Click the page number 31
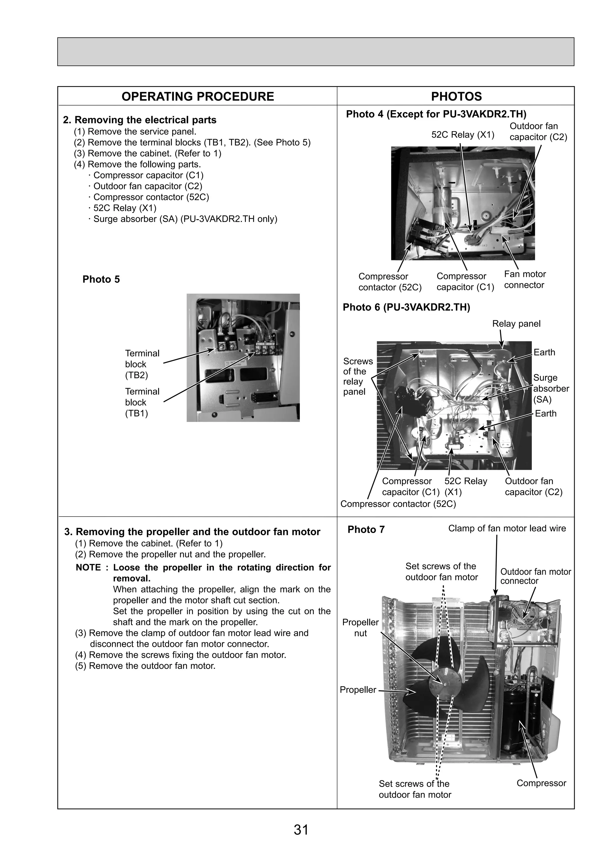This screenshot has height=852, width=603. coord(301,830)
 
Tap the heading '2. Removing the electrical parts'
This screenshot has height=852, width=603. coord(139,120)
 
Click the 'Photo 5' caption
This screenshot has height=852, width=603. coord(101,279)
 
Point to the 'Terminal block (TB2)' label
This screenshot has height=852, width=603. coord(142,364)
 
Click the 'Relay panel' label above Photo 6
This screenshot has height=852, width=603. coord(516,324)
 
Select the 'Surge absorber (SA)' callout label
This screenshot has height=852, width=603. coord(551,389)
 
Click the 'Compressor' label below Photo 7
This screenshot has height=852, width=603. coord(541,783)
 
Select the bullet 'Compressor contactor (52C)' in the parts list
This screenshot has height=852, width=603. coord(151,197)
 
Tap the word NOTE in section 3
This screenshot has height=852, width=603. coord(88,567)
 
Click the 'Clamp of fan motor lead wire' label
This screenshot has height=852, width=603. coord(507,528)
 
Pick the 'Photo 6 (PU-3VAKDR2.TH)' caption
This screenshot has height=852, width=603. coord(406,307)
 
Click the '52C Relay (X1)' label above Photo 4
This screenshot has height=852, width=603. coord(463,135)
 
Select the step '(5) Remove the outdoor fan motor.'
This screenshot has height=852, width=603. coord(145,666)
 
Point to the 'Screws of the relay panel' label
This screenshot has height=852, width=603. coord(357,376)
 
